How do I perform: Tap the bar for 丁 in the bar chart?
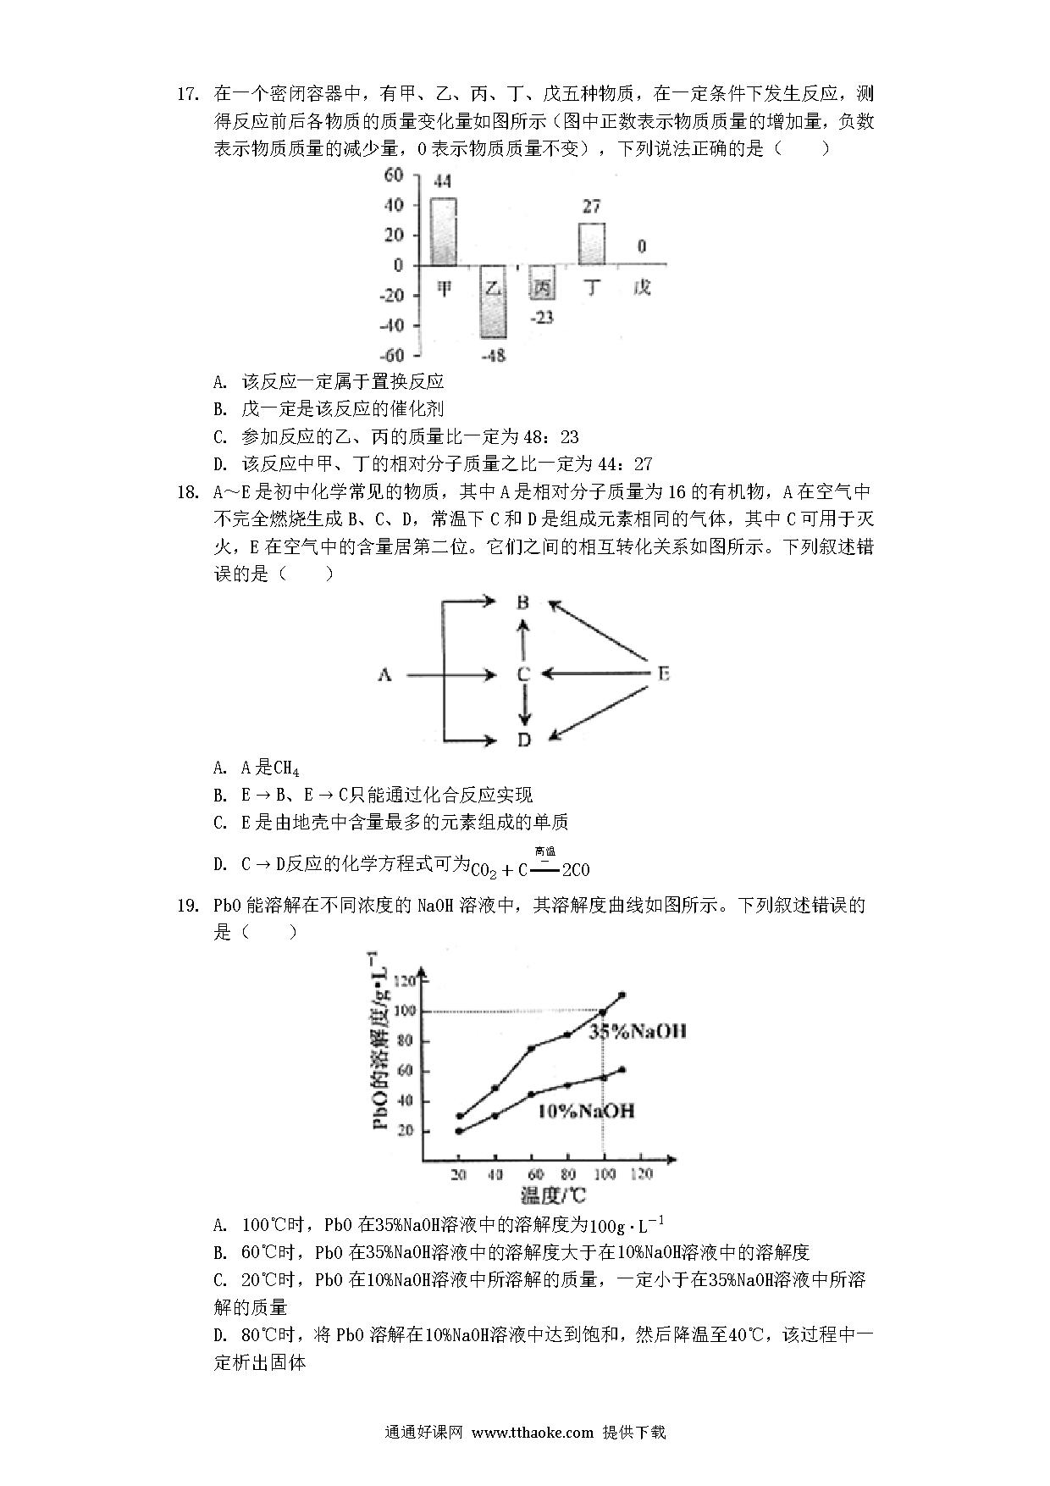pos(591,244)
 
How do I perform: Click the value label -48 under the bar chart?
pos(493,356)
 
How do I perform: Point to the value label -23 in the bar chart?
pos(541,317)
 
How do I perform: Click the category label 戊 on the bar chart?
pos(642,288)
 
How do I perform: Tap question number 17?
pos(187,93)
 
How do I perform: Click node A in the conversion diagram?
pos(384,674)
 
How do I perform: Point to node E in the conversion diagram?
pos(663,674)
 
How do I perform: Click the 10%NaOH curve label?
pos(585,1111)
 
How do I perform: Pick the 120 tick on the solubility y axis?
pos(406,981)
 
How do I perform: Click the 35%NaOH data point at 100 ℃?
pos(603,1012)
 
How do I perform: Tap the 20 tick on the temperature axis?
pos(458,1174)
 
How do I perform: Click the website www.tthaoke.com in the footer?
pos(532,1433)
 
